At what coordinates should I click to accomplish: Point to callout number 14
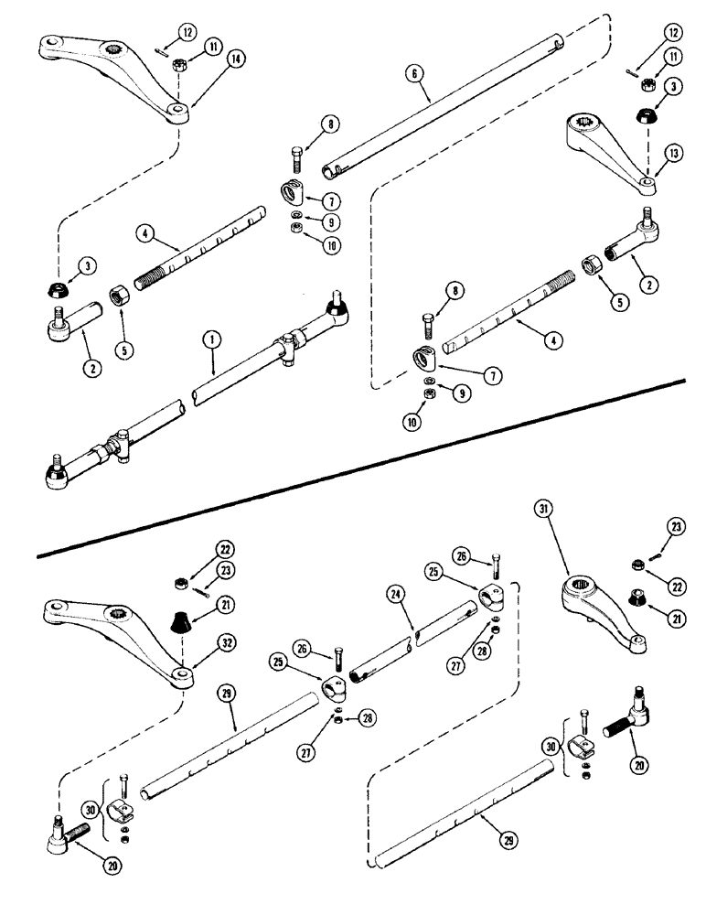point(211,59)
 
